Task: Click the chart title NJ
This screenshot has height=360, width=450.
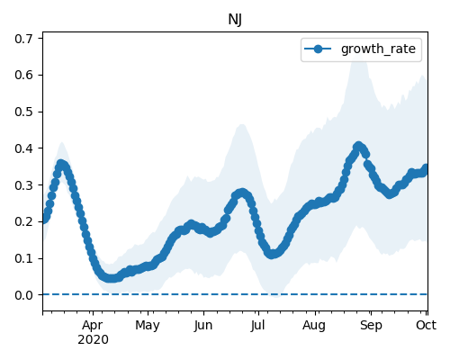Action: point(235,20)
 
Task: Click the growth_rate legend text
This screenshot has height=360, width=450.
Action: point(378,49)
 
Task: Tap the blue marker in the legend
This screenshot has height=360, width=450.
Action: point(318,49)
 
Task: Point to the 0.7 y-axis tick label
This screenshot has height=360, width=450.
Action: point(23,39)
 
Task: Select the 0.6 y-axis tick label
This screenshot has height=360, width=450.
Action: point(23,75)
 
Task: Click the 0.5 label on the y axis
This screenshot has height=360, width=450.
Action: point(23,112)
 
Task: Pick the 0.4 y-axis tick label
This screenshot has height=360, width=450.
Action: point(23,148)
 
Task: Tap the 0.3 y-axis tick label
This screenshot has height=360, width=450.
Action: point(23,185)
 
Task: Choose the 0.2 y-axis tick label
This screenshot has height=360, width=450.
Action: point(23,221)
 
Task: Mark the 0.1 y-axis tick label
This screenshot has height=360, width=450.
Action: point(23,258)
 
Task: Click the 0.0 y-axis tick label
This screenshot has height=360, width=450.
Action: point(23,295)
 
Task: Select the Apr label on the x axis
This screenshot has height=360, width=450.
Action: point(93,326)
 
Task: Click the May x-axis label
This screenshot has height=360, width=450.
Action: point(148,326)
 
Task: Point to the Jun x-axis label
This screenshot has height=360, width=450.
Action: point(203,326)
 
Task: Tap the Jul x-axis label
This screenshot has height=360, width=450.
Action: point(257,326)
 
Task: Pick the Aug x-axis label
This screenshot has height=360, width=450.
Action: point(314,326)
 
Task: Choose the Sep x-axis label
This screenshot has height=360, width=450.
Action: point(371,326)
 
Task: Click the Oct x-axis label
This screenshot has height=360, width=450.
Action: point(426,325)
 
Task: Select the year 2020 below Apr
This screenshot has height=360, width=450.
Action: point(93,340)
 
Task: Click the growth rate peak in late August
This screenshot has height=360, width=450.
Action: point(358,146)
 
